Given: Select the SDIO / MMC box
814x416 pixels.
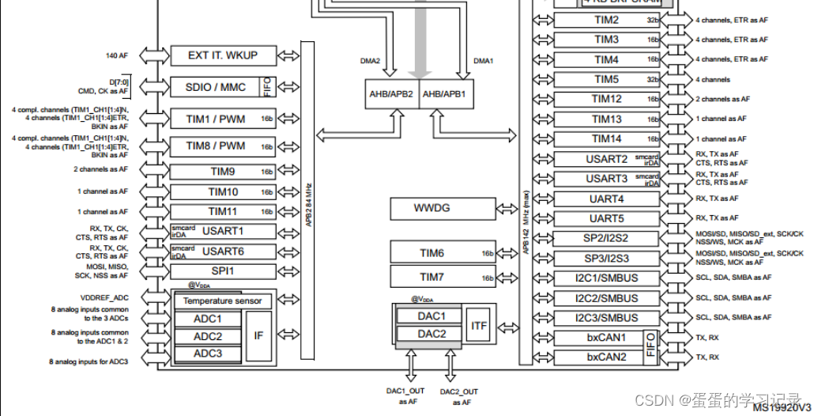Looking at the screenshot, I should pos(216,86).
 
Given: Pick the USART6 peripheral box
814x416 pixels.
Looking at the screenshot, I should pos(224,251).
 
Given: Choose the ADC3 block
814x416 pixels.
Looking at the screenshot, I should pos(208,354).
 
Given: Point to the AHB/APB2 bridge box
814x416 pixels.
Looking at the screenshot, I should pos(391,93).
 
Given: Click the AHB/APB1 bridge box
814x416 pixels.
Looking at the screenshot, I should pos(445,93).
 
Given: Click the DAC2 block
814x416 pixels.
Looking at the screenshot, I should pos(432,334).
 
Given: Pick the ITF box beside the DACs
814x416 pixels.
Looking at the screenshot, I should pos(479,325).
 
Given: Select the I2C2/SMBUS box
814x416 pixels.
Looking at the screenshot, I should pos(607,298).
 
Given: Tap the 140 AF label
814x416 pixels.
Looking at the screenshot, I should pos(117,55).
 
